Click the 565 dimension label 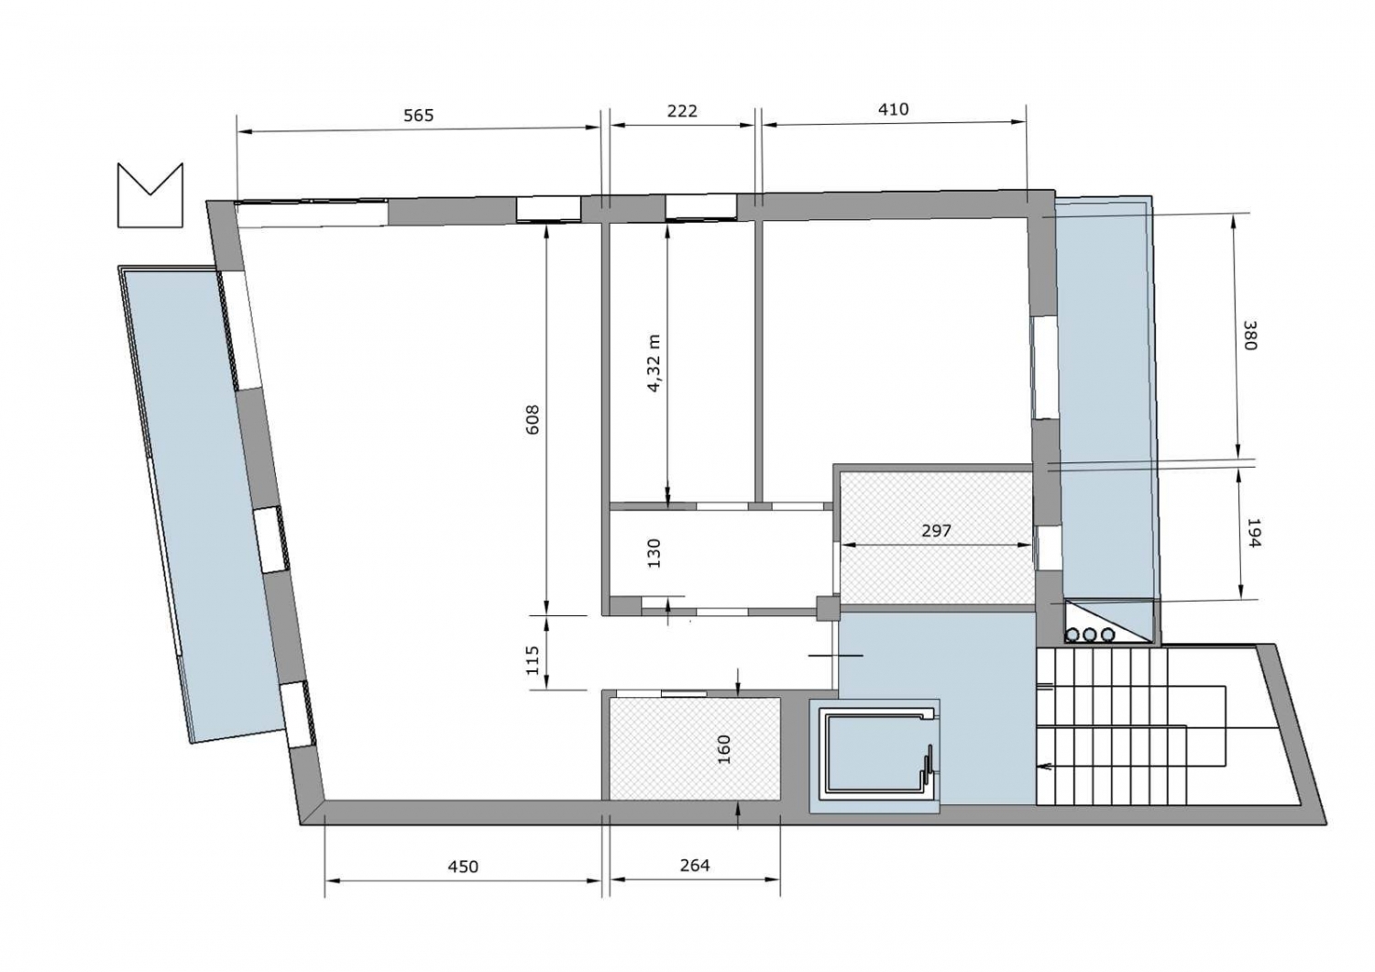[419, 116]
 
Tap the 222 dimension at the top [682, 111]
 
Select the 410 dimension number [893, 109]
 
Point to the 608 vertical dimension [533, 419]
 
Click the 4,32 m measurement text [654, 363]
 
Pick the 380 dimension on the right [1250, 336]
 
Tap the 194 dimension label [1252, 534]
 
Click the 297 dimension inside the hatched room [936, 531]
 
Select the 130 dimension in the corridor [654, 553]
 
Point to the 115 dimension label [533, 660]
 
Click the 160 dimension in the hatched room [724, 749]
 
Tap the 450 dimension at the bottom [463, 867]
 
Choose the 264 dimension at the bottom [695, 865]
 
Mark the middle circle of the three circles [1090, 635]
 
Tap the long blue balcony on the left [203, 503]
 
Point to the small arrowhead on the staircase [1041, 767]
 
